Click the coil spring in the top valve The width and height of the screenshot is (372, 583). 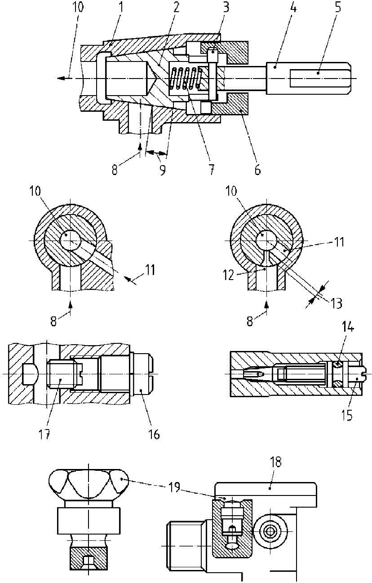coord(186,78)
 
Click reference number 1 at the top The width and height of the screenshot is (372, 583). coord(121,8)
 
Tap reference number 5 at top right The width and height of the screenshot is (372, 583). coord(337,7)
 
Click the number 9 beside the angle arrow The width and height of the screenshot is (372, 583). coord(163,170)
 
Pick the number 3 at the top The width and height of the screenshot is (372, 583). coord(226,7)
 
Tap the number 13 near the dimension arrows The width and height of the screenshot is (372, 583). coord(336,303)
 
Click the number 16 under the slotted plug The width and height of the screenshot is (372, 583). coord(154,434)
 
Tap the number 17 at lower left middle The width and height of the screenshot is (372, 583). coord(44,434)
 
